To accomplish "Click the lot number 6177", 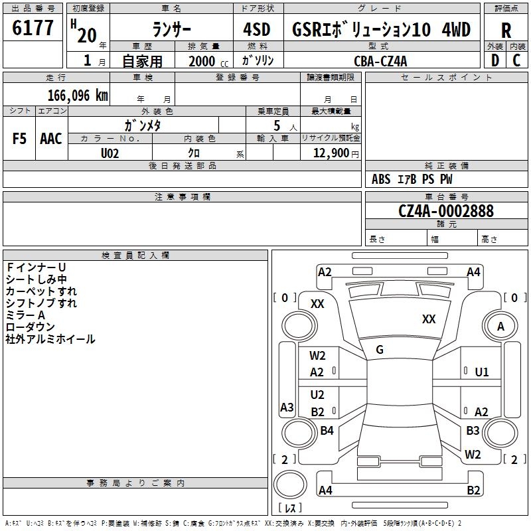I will click(33, 28).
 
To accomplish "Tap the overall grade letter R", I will click(506, 30).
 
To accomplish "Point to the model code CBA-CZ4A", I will click(380, 61).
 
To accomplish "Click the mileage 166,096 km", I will click(77, 95).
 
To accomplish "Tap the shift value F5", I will click(20, 139).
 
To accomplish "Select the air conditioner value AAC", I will click(51, 139).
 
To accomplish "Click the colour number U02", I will click(110, 153).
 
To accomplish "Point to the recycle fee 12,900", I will click(330, 153).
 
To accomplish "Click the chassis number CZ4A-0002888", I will click(446, 211).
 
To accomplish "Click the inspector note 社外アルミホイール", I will click(50, 339).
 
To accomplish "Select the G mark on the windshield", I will click(380, 350).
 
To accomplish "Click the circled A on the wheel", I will click(500, 326).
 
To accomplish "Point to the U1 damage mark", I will click(482, 372).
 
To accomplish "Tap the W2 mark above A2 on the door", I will click(317, 356).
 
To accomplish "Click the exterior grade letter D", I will click(494, 60).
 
